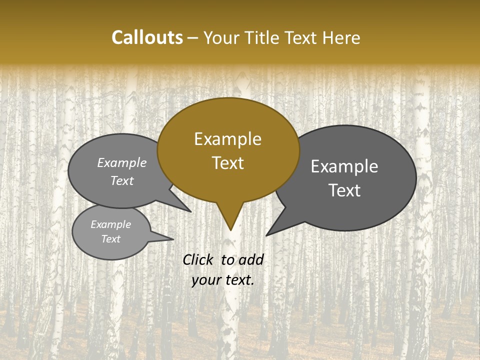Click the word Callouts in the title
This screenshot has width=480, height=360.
(147, 37)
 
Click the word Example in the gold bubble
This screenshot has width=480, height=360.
(227, 139)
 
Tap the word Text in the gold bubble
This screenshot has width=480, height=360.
(227, 163)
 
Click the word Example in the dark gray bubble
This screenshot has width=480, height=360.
(344, 166)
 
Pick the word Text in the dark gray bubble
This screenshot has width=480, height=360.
(344, 190)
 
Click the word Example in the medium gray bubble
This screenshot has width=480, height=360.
(122, 162)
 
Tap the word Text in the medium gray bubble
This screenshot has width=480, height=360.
(122, 180)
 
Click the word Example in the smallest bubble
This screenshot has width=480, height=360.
(110, 224)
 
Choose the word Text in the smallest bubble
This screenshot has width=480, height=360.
(110, 239)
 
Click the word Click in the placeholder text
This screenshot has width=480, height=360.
(198, 259)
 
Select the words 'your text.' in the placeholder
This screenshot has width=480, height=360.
(222, 280)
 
